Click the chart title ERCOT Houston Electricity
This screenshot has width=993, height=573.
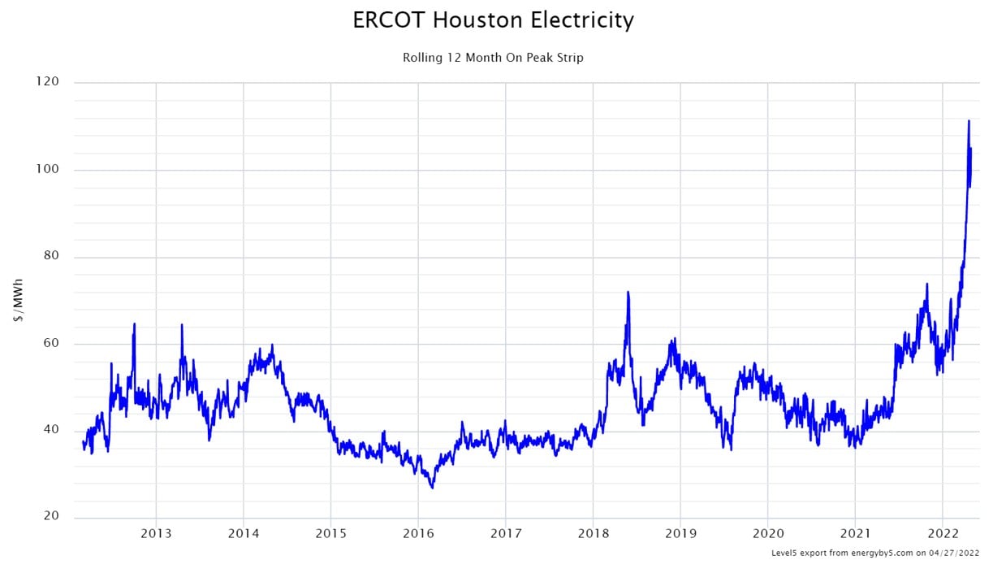tap(493, 20)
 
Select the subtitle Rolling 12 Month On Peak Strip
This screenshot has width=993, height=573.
tap(493, 58)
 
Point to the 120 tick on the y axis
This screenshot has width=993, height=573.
tap(48, 82)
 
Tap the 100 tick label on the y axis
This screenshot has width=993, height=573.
tap(48, 169)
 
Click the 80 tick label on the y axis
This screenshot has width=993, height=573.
tap(51, 257)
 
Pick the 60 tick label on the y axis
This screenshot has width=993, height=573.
tap(51, 344)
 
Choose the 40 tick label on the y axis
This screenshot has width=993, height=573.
tap(51, 430)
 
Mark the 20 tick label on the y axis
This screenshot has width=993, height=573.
tap(51, 516)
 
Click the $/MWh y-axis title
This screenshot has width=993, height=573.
tap(19, 300)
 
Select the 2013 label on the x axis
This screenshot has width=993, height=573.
tap(156, 534)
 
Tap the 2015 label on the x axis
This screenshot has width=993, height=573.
tap(330, 534)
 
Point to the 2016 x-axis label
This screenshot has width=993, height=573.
tap(418, 534)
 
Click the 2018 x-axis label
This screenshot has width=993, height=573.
tap(593, 534)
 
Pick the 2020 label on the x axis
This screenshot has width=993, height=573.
tap(767, 534)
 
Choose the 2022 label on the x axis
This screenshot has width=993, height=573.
tap(942, 534)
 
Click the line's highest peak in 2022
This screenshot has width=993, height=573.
tap(969, 121)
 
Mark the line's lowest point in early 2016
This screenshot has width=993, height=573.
tap(433, 488)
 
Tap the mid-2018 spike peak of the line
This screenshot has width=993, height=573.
tap(628, 292)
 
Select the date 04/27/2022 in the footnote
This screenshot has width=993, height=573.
tap(956, 553)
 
